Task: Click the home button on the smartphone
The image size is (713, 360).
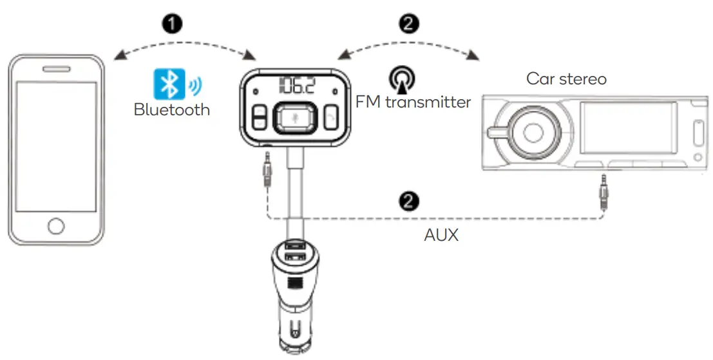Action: point(56,226)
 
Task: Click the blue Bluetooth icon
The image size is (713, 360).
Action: point(169,84)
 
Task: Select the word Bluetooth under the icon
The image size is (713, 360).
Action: point(172,109)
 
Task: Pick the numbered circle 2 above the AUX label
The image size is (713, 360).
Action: point(410,202)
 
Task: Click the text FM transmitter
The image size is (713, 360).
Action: point(413,102)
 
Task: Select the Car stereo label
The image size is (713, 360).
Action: point(566,79)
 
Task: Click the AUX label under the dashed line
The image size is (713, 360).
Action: point(441,235)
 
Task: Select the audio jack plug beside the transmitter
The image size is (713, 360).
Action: point(266,168)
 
